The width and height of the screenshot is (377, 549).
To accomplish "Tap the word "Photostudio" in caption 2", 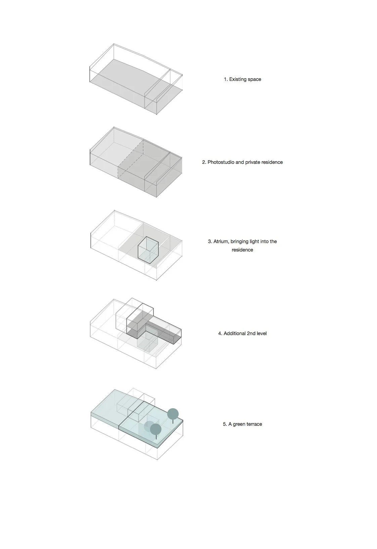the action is [x=221, y=162].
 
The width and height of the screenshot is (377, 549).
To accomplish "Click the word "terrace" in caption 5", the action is [x=254, y=424].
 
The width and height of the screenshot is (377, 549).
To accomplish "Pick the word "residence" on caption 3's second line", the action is [x=242, y=250].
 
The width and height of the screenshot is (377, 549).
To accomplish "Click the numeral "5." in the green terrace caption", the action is [x=225, y=424].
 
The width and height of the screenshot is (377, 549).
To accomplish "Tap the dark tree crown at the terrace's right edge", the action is [x=173, y=414].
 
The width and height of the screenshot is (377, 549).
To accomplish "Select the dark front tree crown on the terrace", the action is [x=156, y=429].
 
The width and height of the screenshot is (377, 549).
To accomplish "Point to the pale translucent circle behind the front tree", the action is [x=148, y=426].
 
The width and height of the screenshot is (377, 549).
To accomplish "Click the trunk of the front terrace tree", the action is [x=156, y=437].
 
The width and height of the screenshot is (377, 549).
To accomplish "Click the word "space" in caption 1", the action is [x=254, y=80].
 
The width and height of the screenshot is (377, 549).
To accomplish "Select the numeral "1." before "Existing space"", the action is [x=226, y=79].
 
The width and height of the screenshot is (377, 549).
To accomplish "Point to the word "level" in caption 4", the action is [x=262, y=333].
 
